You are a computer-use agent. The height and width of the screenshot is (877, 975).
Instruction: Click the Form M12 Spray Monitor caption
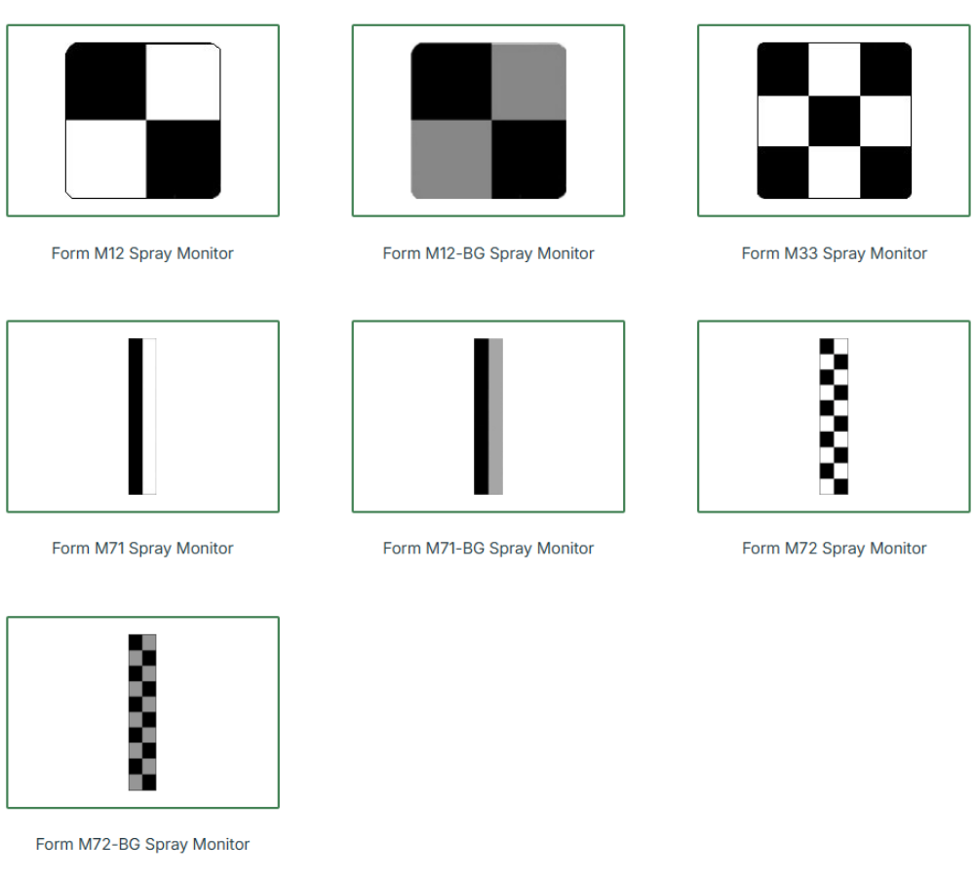coord(142,253)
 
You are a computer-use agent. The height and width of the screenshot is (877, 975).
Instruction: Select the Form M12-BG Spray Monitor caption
coord(488,253)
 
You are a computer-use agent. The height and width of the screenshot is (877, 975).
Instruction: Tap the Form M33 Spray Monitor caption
coord(834,253)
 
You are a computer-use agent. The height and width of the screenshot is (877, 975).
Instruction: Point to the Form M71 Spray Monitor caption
coord(142,549)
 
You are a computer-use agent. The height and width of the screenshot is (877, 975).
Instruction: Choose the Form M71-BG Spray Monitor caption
coord(488,549)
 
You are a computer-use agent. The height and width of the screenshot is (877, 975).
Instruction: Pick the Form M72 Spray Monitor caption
coord(834,549)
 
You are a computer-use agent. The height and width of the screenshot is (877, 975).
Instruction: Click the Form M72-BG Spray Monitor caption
coord(142,844)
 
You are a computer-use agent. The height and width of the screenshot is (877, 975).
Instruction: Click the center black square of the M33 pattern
coord(835,121)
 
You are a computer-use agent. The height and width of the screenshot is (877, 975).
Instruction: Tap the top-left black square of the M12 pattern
coord(105,82)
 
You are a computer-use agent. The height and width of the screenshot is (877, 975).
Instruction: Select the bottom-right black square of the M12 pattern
coord(183,160)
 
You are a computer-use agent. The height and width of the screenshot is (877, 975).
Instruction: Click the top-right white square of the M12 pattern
coord(183,82)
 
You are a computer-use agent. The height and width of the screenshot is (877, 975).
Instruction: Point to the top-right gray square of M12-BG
coord(529,82)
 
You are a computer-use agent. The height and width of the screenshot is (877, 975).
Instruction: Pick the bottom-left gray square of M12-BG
coord(451,160)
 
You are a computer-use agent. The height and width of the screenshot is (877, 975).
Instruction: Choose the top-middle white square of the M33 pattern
coord(835,69)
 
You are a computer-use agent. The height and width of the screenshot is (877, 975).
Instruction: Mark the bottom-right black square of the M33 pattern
coord(886,172)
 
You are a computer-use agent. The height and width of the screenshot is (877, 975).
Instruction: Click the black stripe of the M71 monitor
coord(136,416)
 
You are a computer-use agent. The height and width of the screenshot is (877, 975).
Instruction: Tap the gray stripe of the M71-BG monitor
coord(495,416)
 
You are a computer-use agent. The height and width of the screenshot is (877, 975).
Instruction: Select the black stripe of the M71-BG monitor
coord(482,416)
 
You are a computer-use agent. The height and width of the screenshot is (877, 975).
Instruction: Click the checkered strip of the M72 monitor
coord(834,416)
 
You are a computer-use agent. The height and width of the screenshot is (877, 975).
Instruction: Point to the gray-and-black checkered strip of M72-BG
coord(142,712)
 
